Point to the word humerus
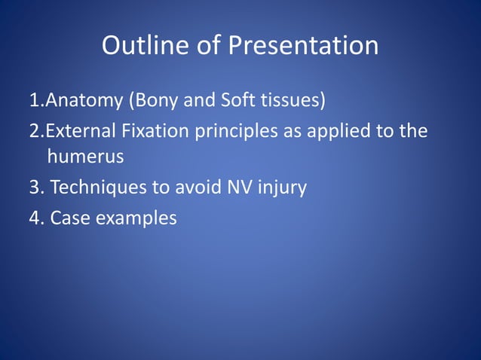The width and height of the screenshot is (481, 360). click(85, 157)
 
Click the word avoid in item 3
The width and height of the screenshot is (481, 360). click(196, 187)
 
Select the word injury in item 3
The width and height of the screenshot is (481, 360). click(281, 188)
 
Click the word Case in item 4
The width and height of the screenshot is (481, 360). click(68, 218)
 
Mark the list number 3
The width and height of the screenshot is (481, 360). click(35, 187)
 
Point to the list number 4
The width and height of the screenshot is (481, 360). click(35, 218)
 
